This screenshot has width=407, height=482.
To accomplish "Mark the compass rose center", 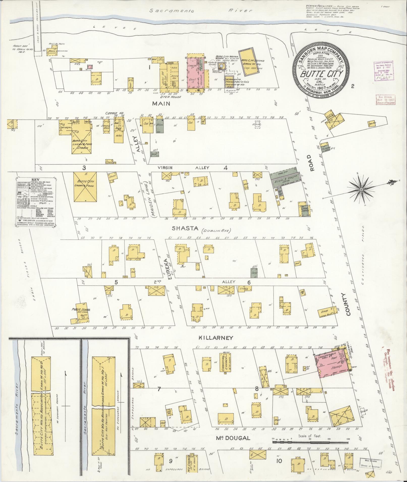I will tap(361, 189).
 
